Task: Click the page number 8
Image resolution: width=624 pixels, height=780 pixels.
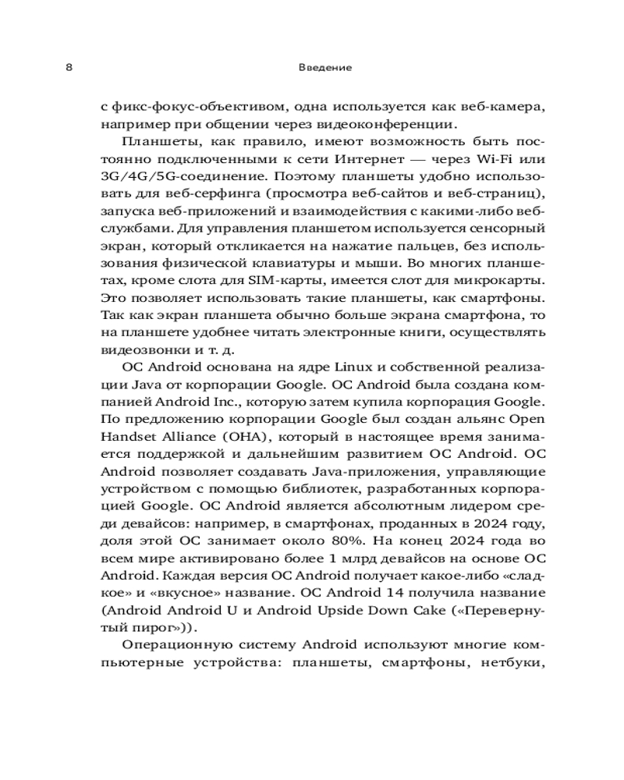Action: (x=69, y=68)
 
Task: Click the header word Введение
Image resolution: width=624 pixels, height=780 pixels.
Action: (x=325, y=68)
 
